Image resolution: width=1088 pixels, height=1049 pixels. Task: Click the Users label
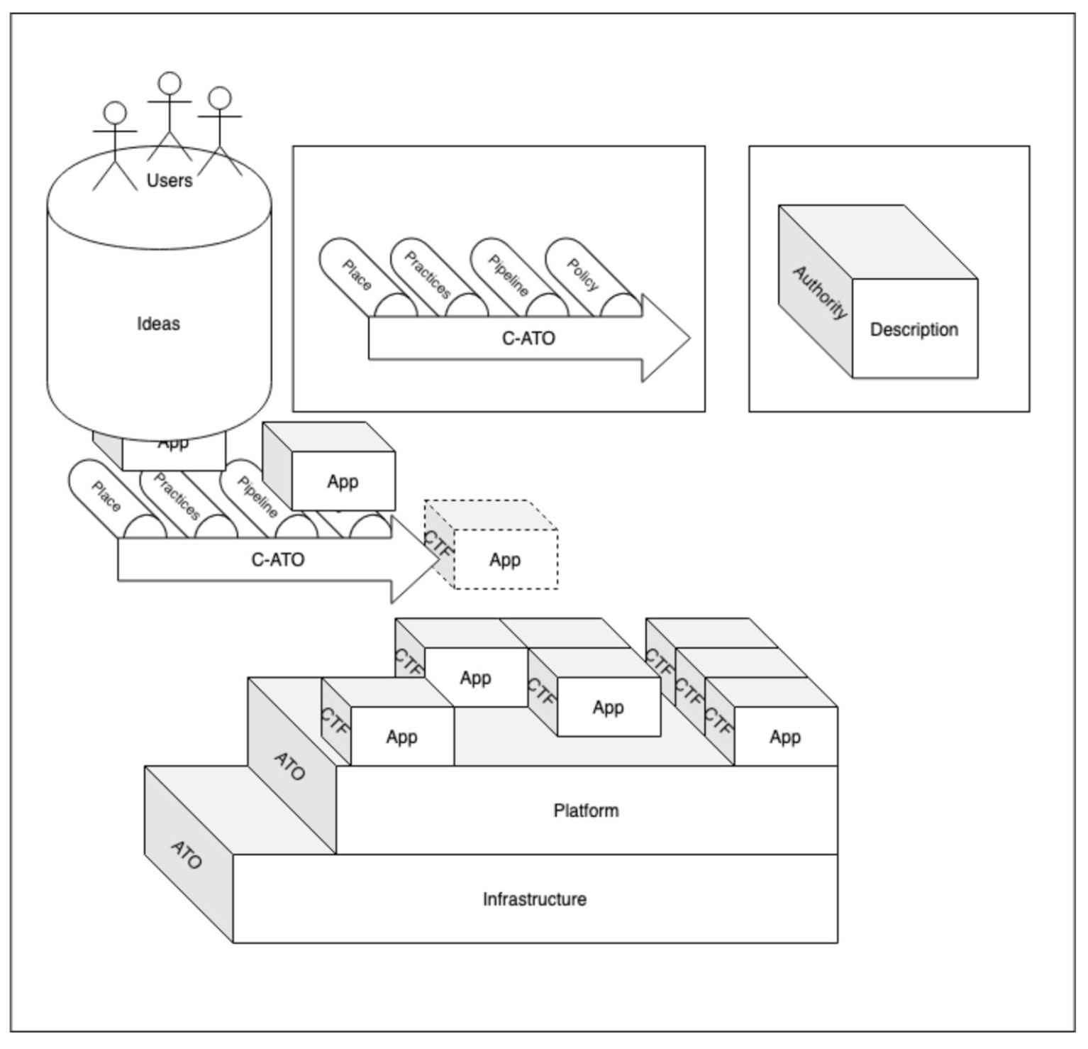(x=169, y=180)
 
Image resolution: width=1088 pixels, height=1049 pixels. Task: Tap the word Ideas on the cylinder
(x=158, y=324)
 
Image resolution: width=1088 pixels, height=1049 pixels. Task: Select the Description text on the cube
(x=914, y=329)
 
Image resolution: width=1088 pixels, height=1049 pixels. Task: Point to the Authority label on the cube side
(x=819, y=292)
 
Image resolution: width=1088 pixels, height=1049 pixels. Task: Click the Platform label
(x=586, y=811)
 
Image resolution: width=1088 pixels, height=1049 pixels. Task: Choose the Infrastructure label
(x=534, y=899)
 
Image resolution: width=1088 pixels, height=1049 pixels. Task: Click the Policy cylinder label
(x=582, y=275)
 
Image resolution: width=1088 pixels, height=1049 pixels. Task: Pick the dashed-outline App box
(x=505, y=560)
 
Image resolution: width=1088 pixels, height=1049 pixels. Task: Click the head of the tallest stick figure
(x=170, y=83)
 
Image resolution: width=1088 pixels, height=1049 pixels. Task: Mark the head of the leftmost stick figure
(x=115, y=113)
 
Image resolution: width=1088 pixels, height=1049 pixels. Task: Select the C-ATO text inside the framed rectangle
(x=528, y=339)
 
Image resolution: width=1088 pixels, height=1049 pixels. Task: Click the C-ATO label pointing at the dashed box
(x=277, y=560)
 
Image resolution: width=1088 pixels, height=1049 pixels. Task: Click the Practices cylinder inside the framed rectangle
(x=427, y=275)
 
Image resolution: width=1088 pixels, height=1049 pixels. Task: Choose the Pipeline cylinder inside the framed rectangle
(x=508, y=275)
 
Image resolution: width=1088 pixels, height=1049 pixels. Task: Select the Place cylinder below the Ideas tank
(x=106, y=496)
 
